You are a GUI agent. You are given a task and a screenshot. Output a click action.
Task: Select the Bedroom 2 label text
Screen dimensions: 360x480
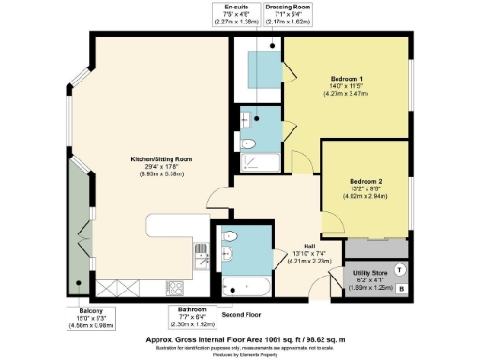[x=367, y=179]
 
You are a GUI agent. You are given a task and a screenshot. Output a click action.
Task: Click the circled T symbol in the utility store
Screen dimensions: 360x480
[x=401, y=269]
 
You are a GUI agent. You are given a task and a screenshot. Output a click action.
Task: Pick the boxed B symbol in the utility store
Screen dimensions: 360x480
[x=401, y=290]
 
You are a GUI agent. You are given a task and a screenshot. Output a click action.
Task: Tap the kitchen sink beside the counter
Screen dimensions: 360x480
[x=202, y=264]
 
